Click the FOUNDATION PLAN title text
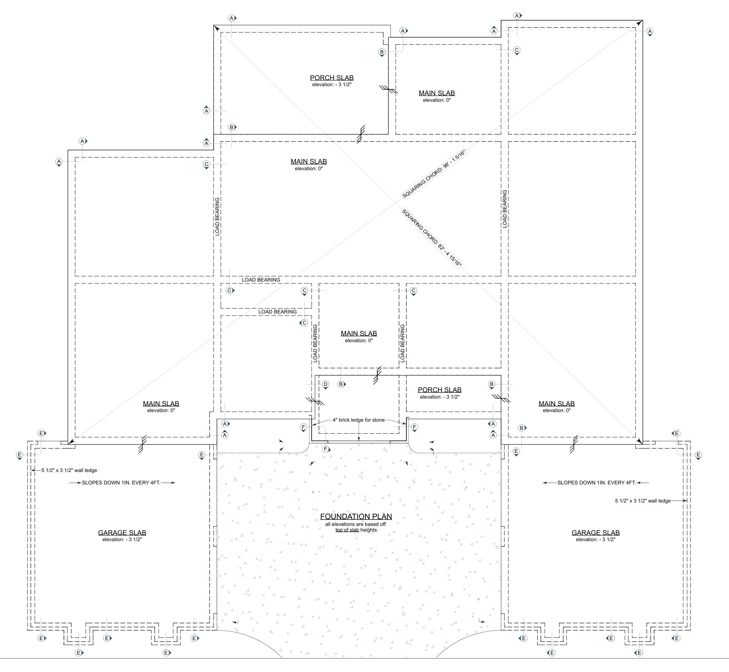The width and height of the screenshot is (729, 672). click(x=356, y=516)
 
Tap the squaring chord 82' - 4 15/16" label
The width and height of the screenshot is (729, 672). click(x=432, y=238)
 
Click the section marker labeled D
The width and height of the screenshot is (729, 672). click(x=325, y=384)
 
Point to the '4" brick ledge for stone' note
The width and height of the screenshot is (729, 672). click(x=358, y=420)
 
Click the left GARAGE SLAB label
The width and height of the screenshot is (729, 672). click(x=122, y=533)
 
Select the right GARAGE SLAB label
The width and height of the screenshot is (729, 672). click(x=596, y=533)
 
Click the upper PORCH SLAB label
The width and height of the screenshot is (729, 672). click(x=331, y=77)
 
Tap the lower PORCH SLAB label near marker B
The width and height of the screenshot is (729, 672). click(x=439, y=390)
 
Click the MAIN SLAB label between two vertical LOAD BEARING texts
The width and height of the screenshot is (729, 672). click(x=358, y=333)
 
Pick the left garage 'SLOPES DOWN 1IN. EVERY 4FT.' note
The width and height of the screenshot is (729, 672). click(x=121, y=483)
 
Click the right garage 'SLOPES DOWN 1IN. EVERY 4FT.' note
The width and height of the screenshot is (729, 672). click(x=596, y=483)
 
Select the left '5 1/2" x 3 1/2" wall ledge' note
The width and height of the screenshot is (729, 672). click(x=69, y=470)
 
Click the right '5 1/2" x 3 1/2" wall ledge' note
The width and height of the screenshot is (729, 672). click(x=643, y=501)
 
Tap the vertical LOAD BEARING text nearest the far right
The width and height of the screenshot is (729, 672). click(x=504, y=209)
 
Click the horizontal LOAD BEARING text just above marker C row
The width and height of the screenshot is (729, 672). click(x=261, y=280)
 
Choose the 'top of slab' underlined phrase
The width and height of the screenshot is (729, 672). click(x=347, y=530)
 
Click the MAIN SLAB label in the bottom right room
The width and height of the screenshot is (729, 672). click(x=557, y=404)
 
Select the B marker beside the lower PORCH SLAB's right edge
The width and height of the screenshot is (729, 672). click(x=492, y=384)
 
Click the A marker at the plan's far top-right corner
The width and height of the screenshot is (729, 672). click(x=650, y=31)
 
